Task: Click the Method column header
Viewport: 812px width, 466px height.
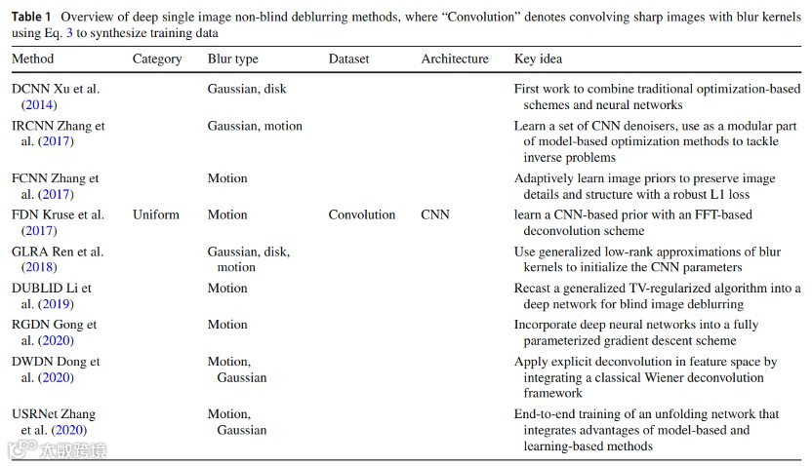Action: tap(33, 58)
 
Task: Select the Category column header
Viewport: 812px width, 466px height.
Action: tap(157, 58)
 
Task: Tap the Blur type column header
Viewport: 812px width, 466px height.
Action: tap(233, 58)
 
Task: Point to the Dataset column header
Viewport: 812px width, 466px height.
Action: tap(349, 58)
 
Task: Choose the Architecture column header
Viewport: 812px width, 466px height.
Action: tap(455, 58)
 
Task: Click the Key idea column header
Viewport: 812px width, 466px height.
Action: tap(538, 58)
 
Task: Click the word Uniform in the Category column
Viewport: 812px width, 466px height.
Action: tap(156, 214)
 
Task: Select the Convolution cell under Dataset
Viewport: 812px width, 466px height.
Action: tap(362, 214)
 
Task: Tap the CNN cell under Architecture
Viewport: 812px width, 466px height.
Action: tap(435, 214)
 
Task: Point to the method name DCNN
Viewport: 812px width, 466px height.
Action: tap(30, 89)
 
